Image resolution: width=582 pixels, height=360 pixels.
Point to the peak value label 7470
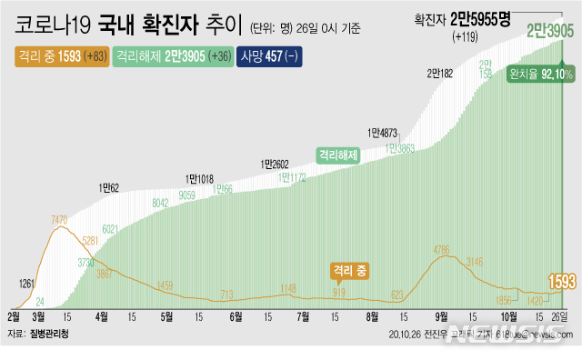point(60,220)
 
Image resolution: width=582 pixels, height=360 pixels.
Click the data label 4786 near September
point(444,249)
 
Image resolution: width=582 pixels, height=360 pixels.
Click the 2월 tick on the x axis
point(14,316)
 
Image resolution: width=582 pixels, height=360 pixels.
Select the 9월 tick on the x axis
point(442,316)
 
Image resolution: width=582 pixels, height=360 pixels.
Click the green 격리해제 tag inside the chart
point(338,155)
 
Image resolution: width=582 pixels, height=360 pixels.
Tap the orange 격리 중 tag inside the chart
point(354,270)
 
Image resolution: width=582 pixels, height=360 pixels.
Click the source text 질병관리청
point(47,335)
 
